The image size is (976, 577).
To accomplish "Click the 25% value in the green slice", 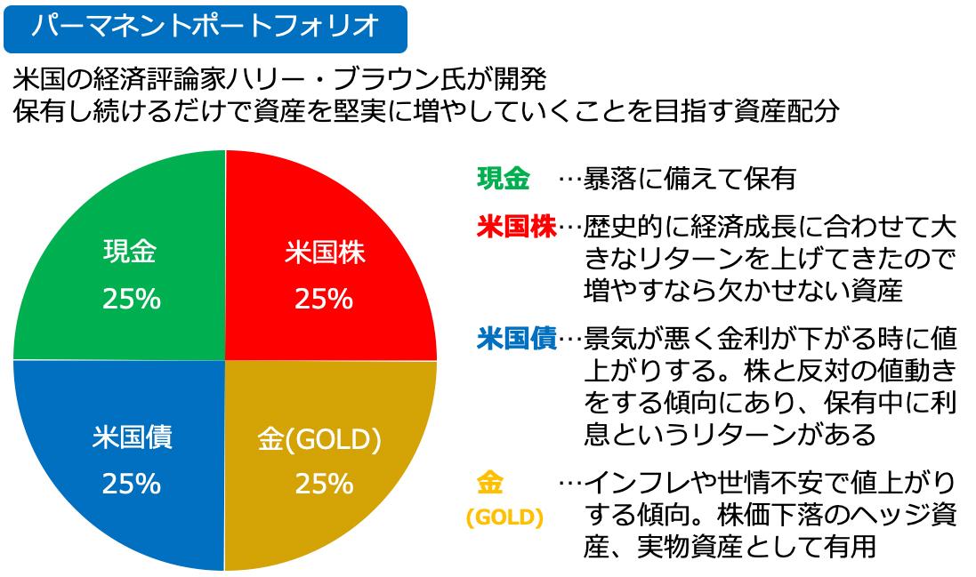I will (x=131, y=300).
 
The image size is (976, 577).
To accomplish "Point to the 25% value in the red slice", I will (x=324, y=300).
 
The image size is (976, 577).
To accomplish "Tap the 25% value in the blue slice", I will (x=131, y=484).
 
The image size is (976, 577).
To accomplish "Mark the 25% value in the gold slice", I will (x=324, y=484).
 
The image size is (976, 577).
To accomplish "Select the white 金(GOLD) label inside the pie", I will (x=319, y=439).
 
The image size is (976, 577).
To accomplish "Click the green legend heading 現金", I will (x=504, y=179).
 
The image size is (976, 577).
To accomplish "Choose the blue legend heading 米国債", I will (x=516, y=339).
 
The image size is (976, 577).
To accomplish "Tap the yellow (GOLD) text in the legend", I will (x=504, y=517).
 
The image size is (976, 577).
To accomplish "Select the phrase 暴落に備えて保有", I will (x=689, y=180).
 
